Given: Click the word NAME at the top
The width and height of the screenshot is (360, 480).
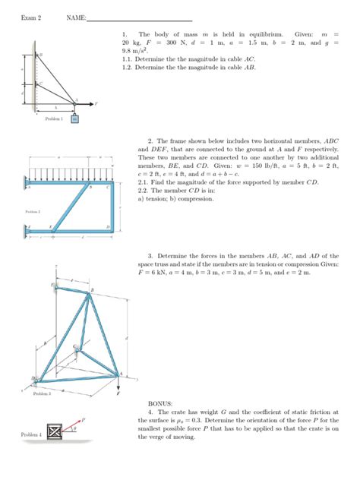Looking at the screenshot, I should [76, 17].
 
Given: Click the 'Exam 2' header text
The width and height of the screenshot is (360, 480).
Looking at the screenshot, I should [30, 17].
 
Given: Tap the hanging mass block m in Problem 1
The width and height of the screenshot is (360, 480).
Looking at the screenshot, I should [74, 118].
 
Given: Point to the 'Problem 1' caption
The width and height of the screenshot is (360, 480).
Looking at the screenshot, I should [54, 119].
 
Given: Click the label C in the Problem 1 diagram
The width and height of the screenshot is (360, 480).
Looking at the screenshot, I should [41, 82].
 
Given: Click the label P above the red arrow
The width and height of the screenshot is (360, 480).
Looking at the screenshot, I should [83, 418].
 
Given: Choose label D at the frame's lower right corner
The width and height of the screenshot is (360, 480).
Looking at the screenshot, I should [108, 226].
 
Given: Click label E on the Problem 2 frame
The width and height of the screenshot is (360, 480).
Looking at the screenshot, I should [51, 226].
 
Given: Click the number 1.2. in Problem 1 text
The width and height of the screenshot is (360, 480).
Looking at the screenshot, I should [127, 67].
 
